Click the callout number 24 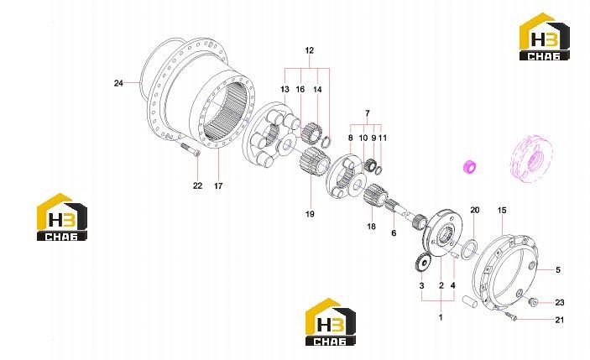pos(118,83)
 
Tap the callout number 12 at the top pos(310,50)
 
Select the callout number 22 pos(197,185)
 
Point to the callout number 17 pos(218,185)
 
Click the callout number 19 pos(310,214)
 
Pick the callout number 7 pos(368,112)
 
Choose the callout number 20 pos(475,210)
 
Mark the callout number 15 pos(503,211)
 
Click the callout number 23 pos(560,302)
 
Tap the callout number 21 pos(560,320)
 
